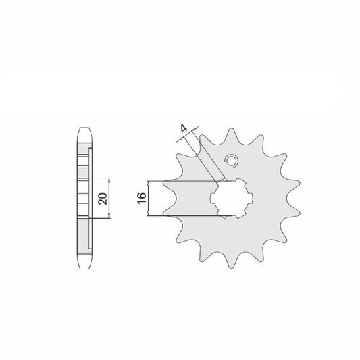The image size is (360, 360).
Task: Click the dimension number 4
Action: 184,128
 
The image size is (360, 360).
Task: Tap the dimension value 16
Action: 142,198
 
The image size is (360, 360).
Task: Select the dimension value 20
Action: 103,199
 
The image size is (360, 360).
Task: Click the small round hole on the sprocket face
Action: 231,161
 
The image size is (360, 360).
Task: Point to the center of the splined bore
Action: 232,198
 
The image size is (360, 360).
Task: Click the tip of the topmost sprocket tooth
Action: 231,129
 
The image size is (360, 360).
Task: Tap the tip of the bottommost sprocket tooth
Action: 231,267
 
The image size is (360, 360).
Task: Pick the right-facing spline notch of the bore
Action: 251,198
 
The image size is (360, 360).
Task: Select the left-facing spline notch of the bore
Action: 213,198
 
